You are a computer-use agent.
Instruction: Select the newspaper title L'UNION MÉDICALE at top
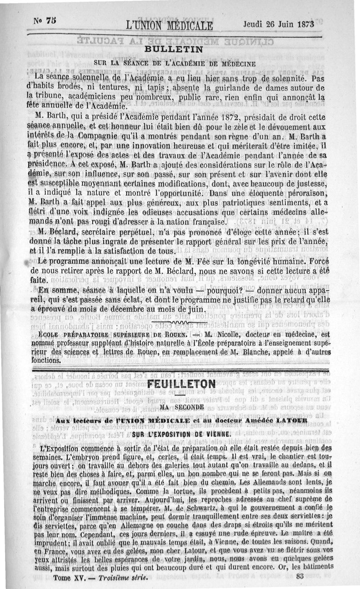[165, 24]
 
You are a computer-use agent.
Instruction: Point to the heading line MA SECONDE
[182, 407]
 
